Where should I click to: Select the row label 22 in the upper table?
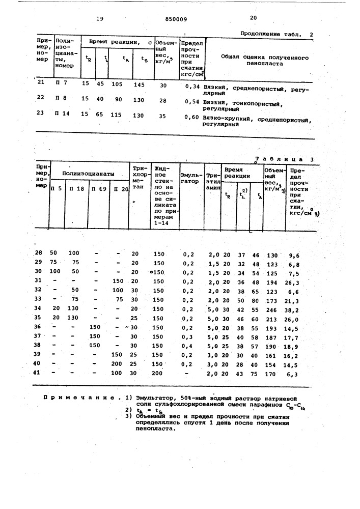point(42,98)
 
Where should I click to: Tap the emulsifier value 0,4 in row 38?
point(188,346)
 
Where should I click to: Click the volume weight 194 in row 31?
point(273,281)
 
